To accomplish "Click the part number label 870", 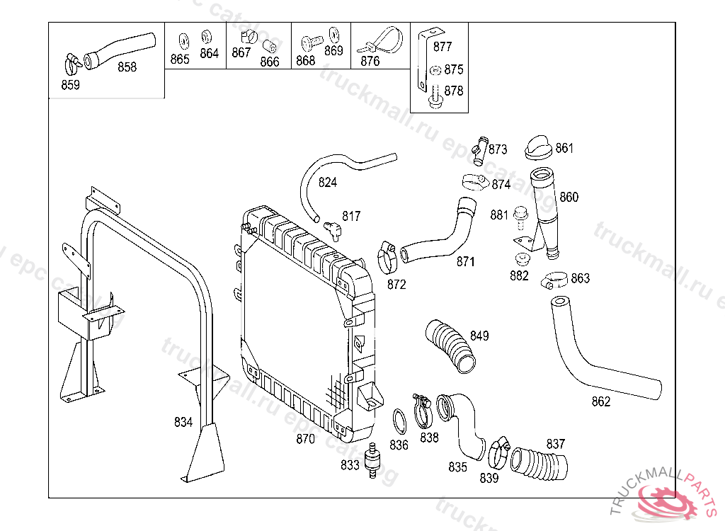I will (305, 439).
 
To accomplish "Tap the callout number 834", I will (183, 423).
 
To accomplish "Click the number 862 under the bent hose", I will (601, 402).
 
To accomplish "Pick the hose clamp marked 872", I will (387, 258).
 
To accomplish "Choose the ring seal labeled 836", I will (399, 423).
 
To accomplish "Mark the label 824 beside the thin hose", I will (328, 183).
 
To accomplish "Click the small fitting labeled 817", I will (331, 228).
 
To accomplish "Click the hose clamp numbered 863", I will (556, 280).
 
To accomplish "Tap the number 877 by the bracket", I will (443, 47).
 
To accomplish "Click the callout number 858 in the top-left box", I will (127, 67).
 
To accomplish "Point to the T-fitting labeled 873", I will (481, 149).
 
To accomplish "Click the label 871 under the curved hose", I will (465, 262).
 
